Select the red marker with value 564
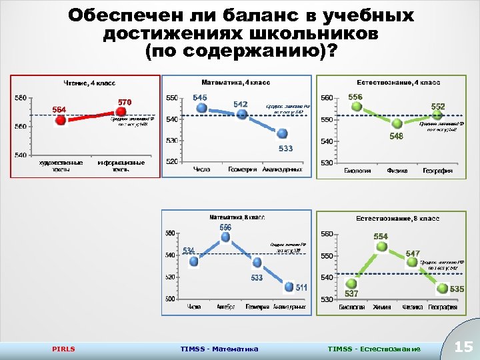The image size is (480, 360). [61, 121]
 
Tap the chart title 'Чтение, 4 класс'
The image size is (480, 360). [89, 83]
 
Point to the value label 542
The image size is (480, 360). [241, 104]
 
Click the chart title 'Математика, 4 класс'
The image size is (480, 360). [236, 82]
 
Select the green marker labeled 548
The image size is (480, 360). [397, 124]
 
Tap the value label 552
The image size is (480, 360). [437, 106]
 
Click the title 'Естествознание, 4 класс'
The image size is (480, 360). [398, 82]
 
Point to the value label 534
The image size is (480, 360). [189, 251]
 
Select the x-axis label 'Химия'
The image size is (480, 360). [381, 307]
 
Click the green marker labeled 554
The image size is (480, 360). [381, 247]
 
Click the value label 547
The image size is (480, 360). [413, 254]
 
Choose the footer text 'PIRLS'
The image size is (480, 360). [63, 349]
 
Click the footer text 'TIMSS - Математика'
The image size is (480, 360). [219, 349]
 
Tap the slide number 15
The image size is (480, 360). [463, 347]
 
